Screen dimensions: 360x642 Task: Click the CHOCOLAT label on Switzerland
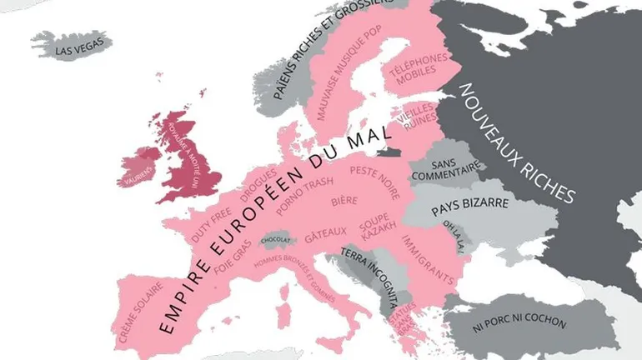[x=276, y=239]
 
